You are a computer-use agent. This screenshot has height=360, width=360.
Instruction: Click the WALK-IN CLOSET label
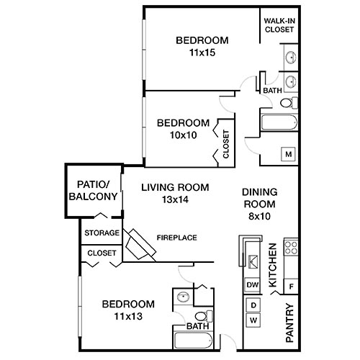279,25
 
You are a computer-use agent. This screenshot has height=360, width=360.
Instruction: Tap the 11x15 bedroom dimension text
202,53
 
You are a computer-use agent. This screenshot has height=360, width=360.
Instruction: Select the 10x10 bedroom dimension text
183,135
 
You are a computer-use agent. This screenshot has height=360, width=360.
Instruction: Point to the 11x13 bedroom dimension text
128,315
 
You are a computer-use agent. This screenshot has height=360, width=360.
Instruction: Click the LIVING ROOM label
175,187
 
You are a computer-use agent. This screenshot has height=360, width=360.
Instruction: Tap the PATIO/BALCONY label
93,190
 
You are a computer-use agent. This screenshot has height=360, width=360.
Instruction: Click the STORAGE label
102,233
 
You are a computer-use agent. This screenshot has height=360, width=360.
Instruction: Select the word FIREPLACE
177,238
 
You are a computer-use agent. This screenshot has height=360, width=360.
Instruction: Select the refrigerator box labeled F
291,286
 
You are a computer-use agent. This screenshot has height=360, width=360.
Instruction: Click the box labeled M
288,154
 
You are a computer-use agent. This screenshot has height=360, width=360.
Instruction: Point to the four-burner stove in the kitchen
292,248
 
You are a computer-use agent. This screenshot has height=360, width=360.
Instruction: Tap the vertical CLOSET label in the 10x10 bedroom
226,144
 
